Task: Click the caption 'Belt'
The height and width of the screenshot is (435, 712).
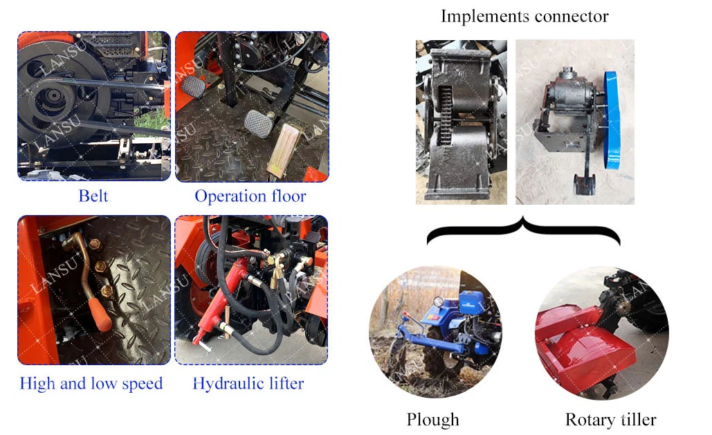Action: tap(93, 196)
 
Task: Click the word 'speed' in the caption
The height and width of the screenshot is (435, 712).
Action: tap(142, 384)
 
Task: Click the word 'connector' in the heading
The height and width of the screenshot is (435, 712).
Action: tap(572, 17)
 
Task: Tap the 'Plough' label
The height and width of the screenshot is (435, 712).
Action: tap(432, 420)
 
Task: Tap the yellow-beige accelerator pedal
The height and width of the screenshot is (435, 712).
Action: tap(284, 150)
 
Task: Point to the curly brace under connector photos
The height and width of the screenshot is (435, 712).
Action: tap(524, 231)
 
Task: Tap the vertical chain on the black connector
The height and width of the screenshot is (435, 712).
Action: tap(445, 114)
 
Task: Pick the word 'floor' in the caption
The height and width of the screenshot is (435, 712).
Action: tap(289, 196)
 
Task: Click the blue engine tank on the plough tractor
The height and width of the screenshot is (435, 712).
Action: tap(471, 302)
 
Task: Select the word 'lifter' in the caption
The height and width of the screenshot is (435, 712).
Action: tap(286, 383)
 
